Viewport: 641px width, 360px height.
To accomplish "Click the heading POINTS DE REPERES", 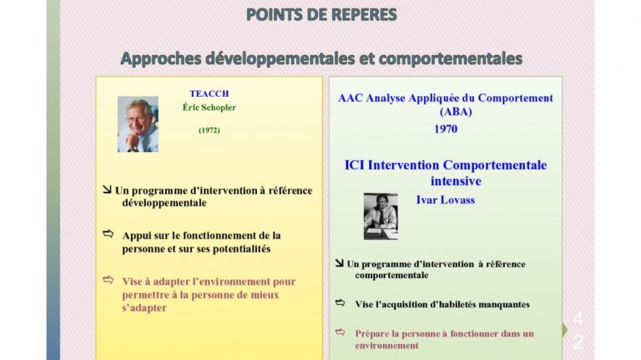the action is (321, 15).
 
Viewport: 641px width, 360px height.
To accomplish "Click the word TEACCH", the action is (209, 94).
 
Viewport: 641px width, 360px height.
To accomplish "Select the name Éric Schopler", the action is (209, 108).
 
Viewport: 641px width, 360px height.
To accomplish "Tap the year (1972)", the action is (209, 130).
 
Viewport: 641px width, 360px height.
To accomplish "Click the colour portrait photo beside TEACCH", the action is (138, 124).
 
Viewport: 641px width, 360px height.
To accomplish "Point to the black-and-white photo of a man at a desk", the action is (381, 216).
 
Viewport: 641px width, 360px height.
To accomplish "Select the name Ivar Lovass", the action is (446, 200).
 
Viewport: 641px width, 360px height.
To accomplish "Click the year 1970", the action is (446, 129).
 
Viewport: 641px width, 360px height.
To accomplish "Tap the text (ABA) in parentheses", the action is (456, 112).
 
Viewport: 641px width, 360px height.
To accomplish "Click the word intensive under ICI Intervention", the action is (456, 180).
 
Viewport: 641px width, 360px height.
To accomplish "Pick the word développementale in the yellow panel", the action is (164, 203).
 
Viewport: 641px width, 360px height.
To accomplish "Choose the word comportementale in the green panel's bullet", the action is (391, 276).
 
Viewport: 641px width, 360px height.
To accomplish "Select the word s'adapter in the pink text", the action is (144, 308).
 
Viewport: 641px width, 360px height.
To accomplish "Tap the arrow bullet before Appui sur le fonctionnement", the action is (108, 234).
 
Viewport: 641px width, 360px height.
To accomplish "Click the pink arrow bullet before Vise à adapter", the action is (108, 280).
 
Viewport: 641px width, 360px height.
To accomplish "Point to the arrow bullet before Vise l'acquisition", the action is (341, 302).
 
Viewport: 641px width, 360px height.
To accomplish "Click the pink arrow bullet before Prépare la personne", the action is (341, 332).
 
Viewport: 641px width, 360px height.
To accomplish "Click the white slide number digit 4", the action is (578, 318).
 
